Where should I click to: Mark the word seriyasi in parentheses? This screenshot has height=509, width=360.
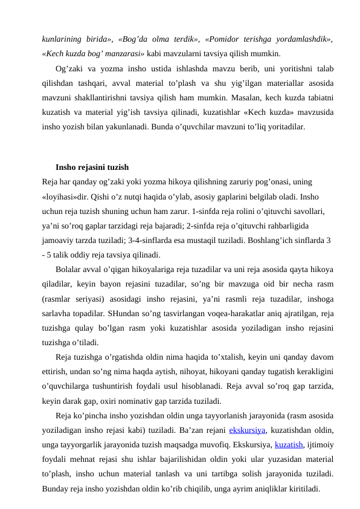coord(92,299)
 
